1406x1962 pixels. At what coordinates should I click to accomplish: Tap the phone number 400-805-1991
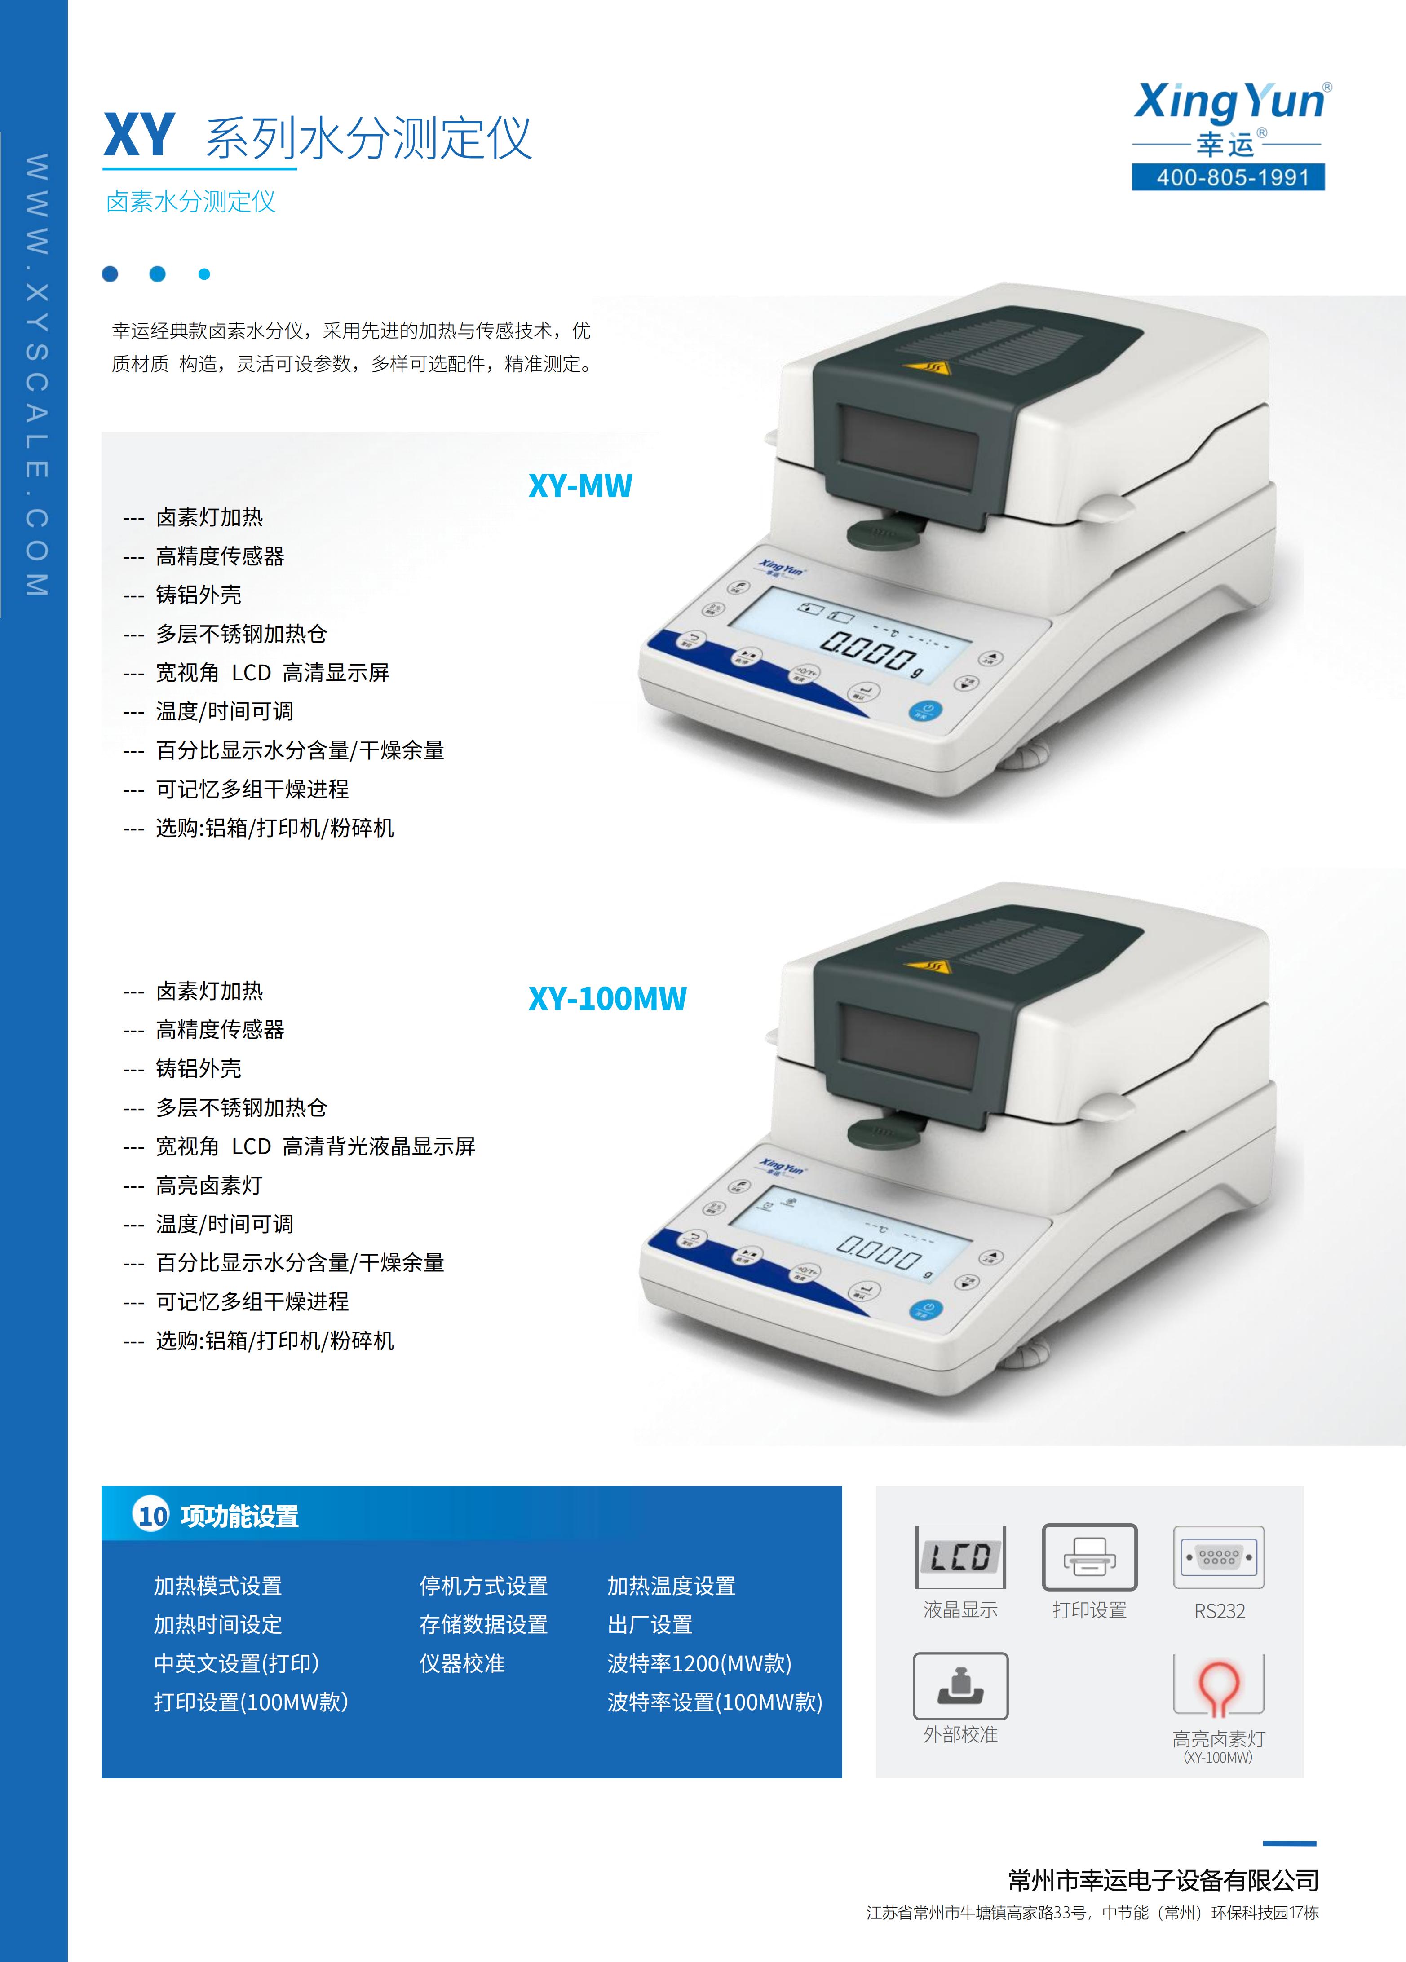[1228, 177]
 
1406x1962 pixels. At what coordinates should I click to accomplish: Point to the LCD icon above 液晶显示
[960, 1557]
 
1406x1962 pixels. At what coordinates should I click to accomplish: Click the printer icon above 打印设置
[1089, 1557]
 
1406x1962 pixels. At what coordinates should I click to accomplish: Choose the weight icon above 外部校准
[960, 1685]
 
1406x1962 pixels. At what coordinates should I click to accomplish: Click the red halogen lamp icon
[1218, 1688]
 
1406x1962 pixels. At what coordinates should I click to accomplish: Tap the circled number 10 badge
[152, 1516]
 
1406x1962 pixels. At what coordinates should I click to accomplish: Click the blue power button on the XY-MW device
[926, 711]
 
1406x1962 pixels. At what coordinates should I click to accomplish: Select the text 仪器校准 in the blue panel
[462, 1663]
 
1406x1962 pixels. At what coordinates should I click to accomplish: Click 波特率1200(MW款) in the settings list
[699, 1663]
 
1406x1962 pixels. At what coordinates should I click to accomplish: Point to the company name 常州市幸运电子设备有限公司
[1164, 1880]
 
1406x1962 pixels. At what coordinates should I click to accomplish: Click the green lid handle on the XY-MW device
[883, 531]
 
